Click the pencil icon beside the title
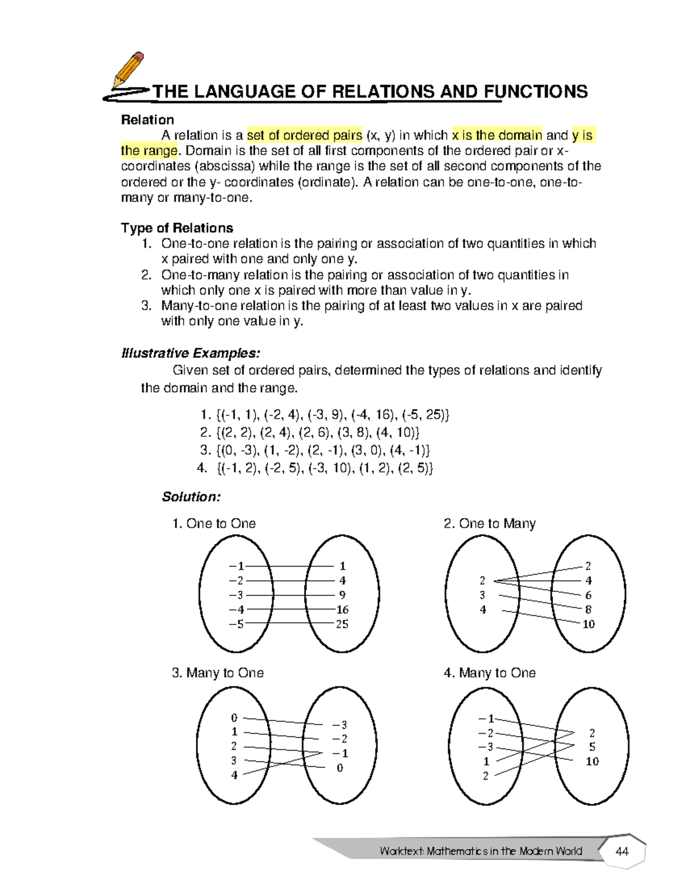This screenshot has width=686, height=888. (128, 70)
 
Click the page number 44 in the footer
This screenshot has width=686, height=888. (621, 851)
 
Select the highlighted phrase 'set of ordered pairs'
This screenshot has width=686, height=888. (304, 136)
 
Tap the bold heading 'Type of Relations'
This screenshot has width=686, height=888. (177, 228)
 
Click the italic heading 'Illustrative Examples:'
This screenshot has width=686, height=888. (190, 353)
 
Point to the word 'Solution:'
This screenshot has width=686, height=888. (191, 496)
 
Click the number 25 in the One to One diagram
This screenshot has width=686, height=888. (342, 624)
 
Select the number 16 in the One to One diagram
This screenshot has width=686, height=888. (342, 610)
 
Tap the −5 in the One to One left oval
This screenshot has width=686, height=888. (236, 624)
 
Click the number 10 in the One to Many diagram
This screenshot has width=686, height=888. (588, 624)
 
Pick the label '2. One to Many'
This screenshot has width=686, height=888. (489, 523)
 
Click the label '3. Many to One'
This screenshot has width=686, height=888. (217, 673)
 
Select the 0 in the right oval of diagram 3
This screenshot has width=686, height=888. (340, 768)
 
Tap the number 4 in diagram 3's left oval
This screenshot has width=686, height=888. (234, 775)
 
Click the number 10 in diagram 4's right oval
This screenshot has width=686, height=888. (592, 761)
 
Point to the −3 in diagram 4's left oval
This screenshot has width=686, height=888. (486, 747)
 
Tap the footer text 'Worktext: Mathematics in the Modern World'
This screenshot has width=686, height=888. (480, 851)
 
